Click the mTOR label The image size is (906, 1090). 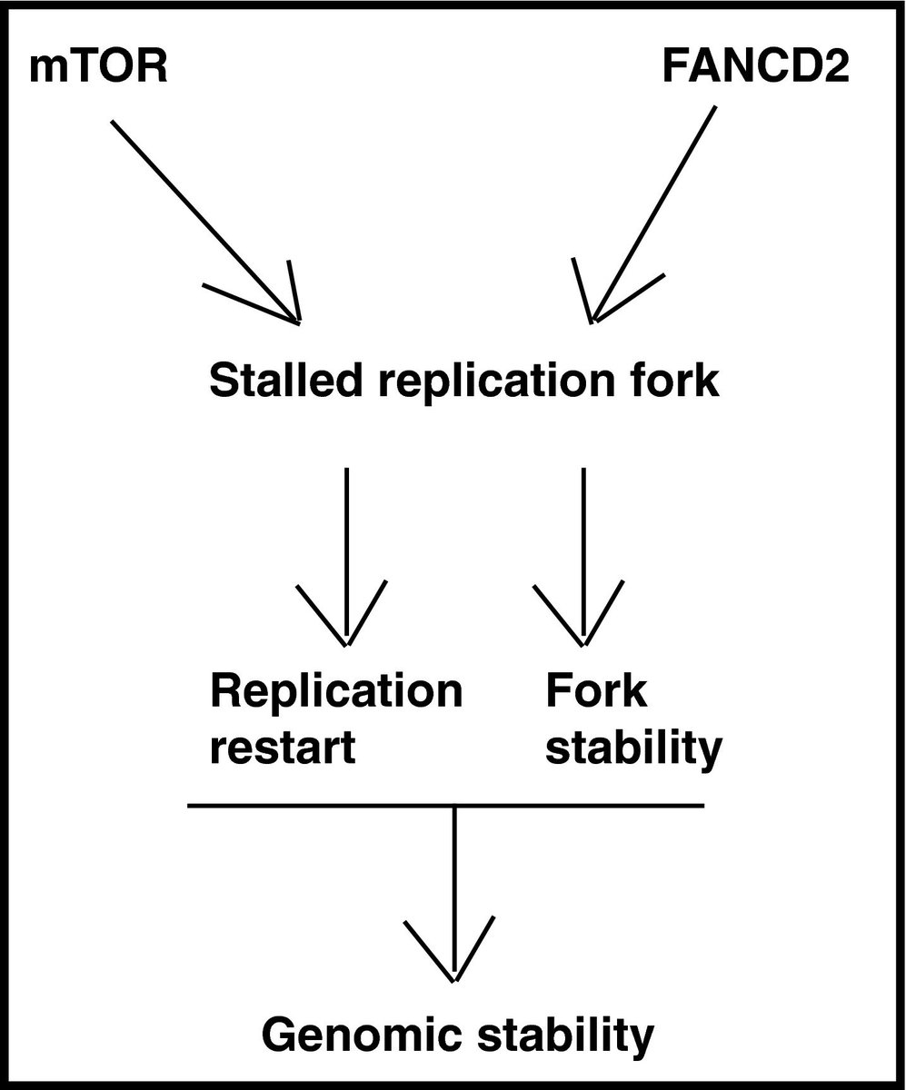98,70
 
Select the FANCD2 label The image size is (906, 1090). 753,70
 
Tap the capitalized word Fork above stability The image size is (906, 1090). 596,692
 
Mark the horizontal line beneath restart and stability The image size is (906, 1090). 318,806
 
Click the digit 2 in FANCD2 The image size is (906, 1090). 832,70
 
